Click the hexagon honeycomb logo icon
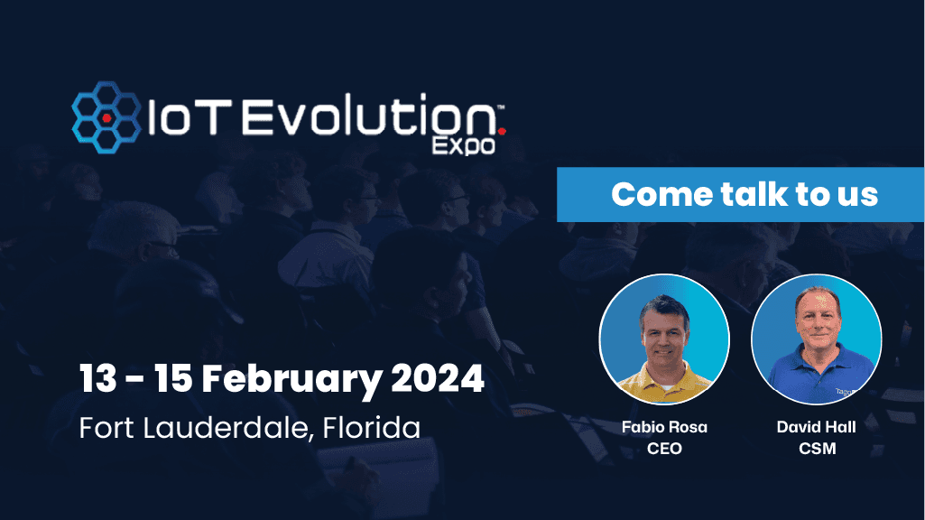[106, 116]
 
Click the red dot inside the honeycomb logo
[107, 118]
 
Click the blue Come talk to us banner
[740, 194]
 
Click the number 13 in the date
[98, 378]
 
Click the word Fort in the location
[106, 427]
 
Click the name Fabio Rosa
[664, 427]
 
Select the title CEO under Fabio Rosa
[664, 448]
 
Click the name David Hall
[816, 427]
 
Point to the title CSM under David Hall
[816, 448]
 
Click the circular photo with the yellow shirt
[664, 339]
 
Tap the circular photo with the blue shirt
[816, 339]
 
